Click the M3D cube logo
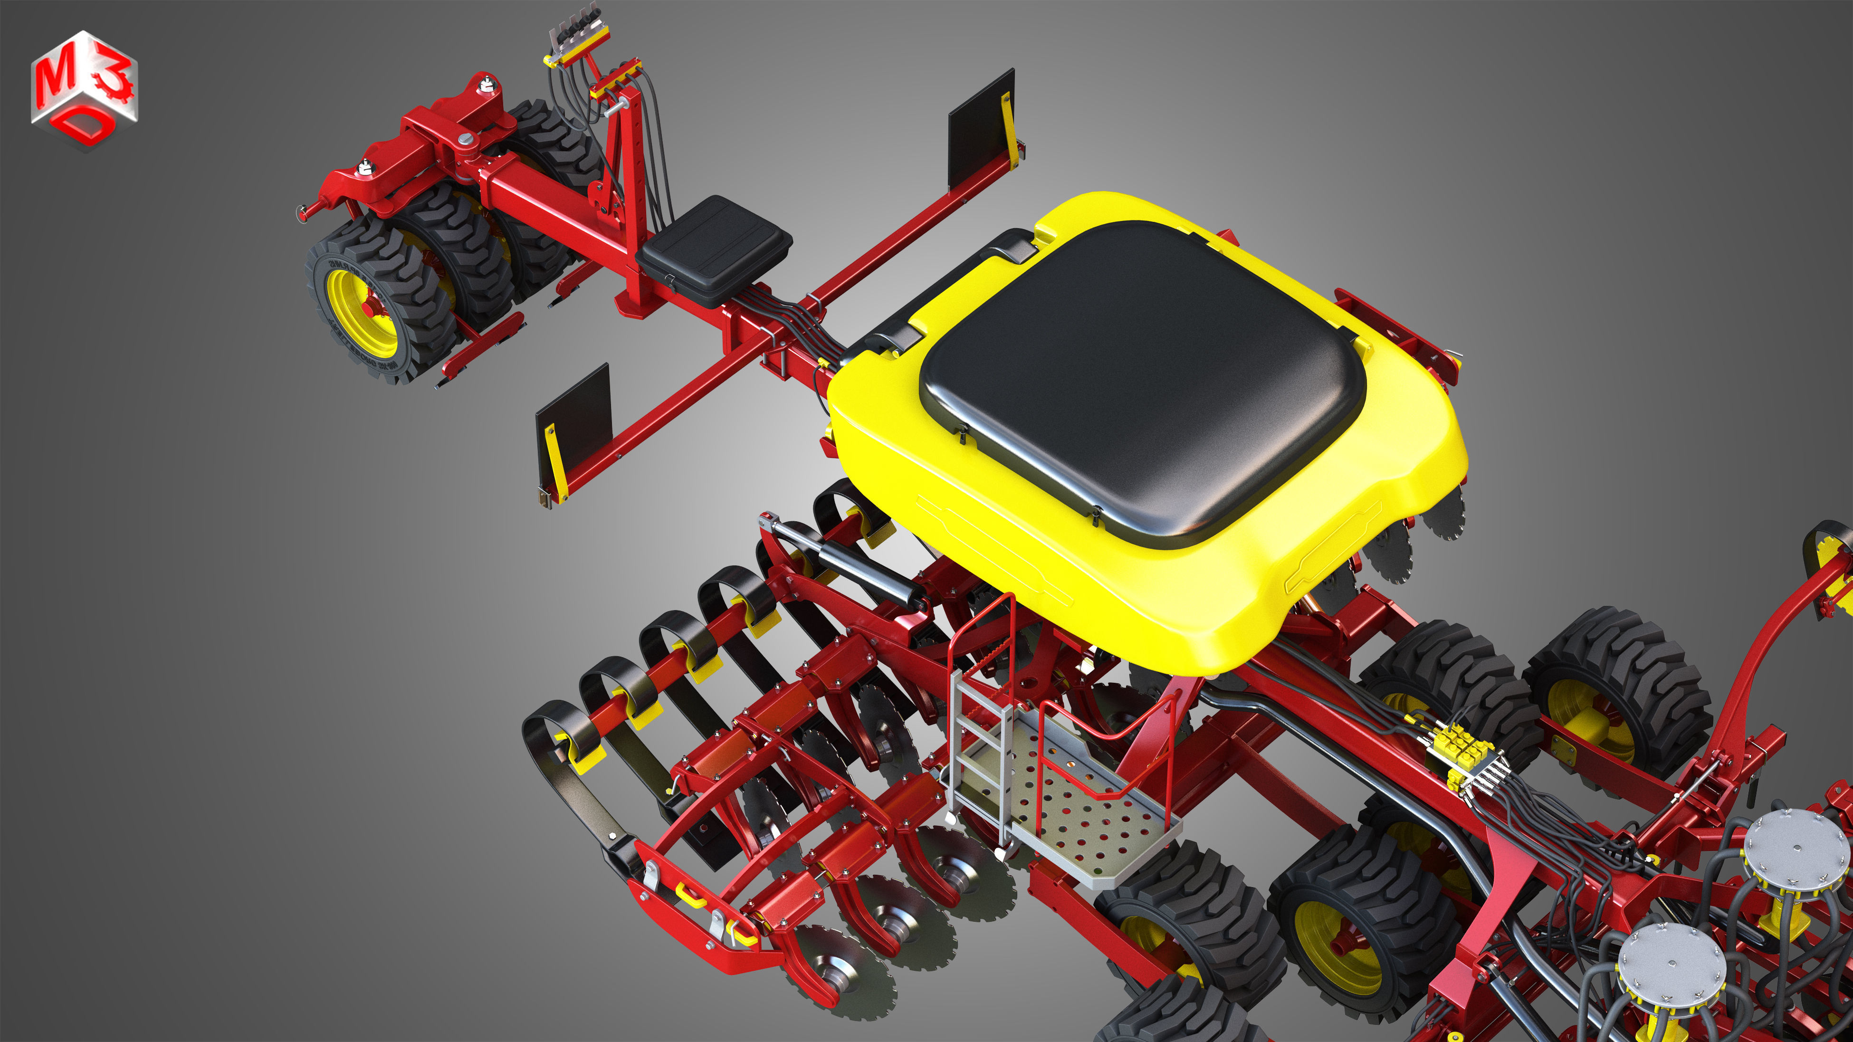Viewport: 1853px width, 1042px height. [84, 90]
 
